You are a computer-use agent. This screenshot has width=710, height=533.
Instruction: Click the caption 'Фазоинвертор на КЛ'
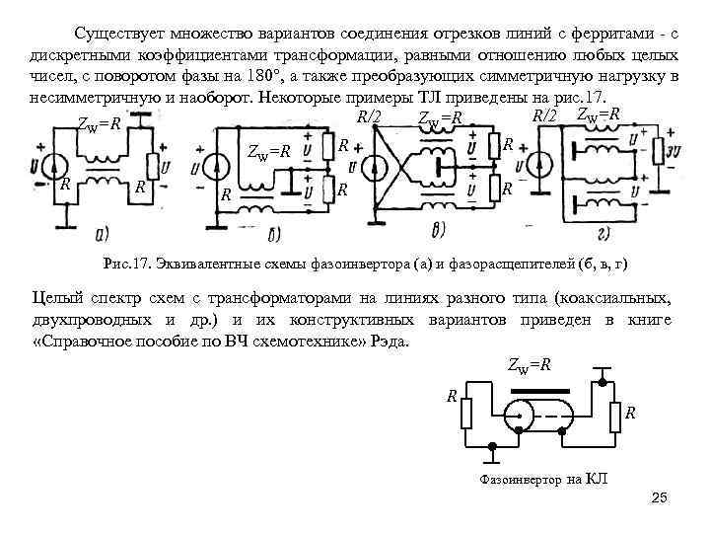pyautogui.click(x=543, y=480)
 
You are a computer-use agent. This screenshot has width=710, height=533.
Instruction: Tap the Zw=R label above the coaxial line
pyautogui.click(x=529, y=365)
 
